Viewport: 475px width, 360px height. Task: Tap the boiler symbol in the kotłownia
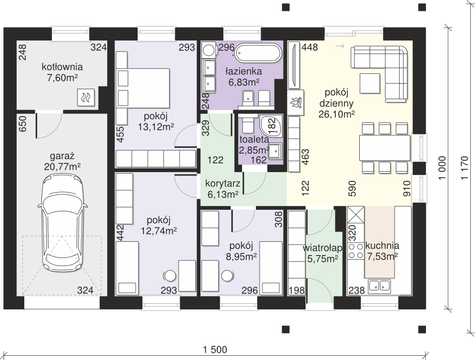86,97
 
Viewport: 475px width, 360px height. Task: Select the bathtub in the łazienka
258,54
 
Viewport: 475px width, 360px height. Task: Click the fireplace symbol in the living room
295,102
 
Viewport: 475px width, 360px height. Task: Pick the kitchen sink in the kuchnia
379,286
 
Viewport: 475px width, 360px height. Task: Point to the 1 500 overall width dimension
215,350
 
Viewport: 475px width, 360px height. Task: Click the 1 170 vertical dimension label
465,168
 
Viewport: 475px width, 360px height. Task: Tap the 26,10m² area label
336,114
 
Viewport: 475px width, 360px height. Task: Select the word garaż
62,156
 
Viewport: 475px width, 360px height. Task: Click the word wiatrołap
323,248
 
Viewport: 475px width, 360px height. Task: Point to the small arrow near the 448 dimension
340,46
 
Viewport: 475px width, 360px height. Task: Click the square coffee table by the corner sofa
370,83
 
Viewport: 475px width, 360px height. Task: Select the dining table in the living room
385,148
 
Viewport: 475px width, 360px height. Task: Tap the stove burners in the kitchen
355,251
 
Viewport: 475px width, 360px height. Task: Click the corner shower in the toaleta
271,125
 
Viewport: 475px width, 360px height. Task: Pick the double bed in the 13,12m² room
143,87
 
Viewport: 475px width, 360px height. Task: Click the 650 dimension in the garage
23,124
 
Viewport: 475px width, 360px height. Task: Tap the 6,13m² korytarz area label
222,195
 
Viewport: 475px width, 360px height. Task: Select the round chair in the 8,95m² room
227,276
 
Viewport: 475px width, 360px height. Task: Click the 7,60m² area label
62,78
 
